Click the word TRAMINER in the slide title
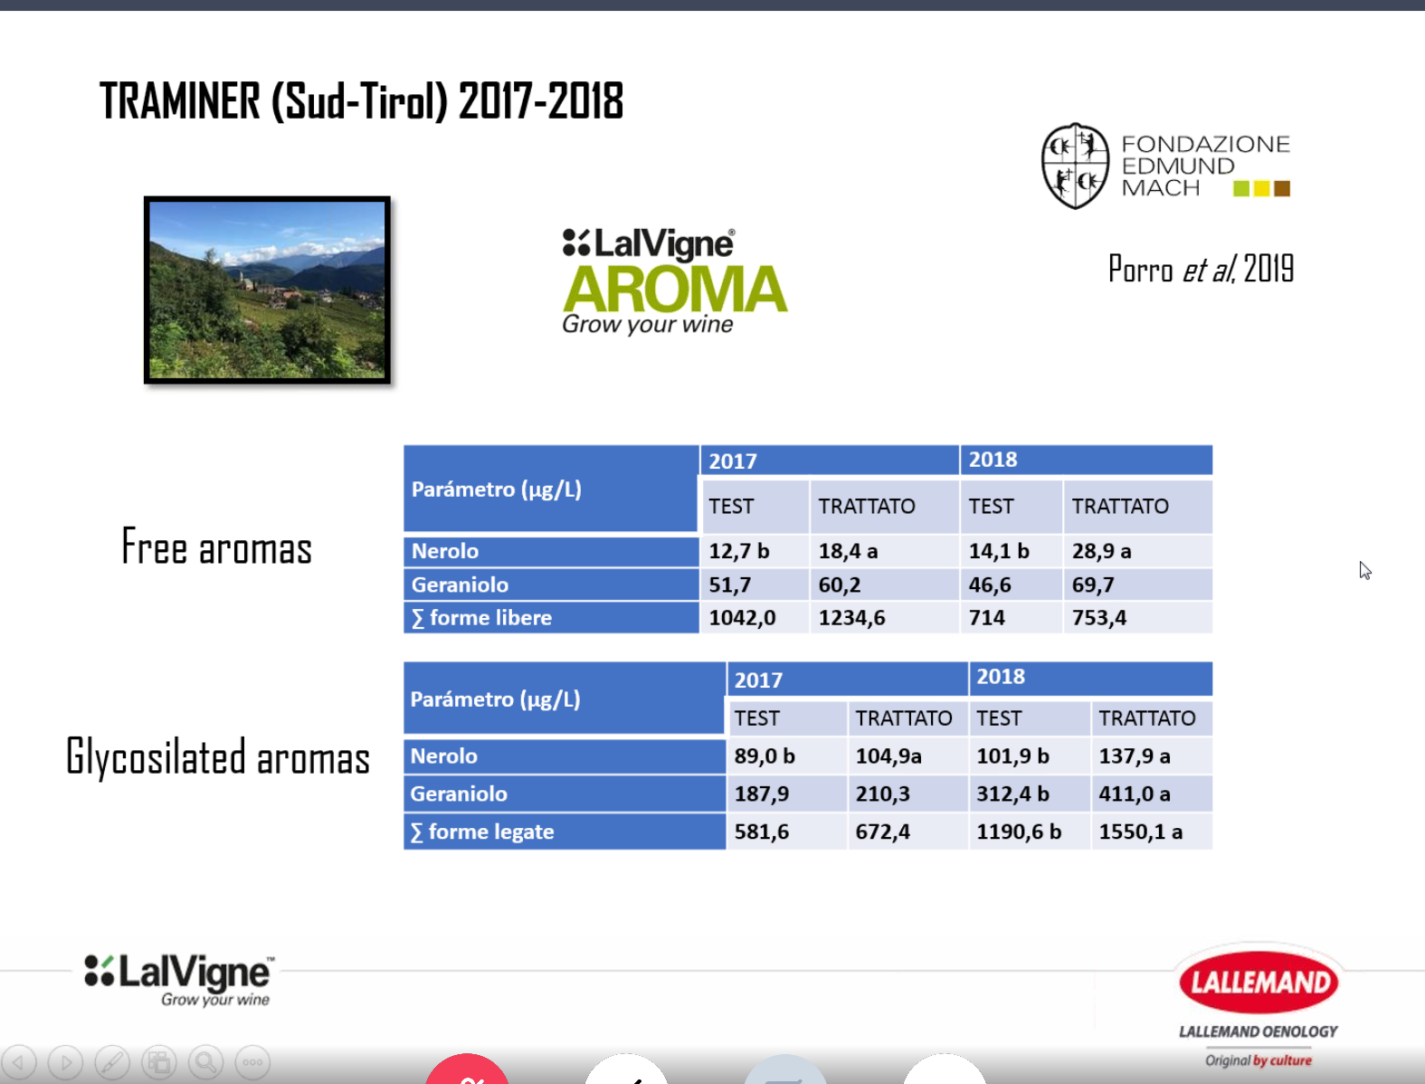pyautogui.click(x=180, y=101)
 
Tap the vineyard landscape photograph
pyautogui.click(x=267, y=290)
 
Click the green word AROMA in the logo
pyautogui.click(x=675, y=290)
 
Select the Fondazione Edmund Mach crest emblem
pyautogui.click(x=1075, y=166)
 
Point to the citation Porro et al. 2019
pyautogui.click(x=1201, y=269)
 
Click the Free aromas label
pyautogui.click(x=216, y=547)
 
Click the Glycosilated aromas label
pyautogui.click(x=218, y=756)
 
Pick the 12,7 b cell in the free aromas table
pyautogui.click(x=739, y=551)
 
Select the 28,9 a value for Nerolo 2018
pyautogui.click(x=1102, y=551)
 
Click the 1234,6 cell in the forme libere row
pyautogui.click(x=851, y=617)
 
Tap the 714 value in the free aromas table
pyautogui.click(x=987, y=617)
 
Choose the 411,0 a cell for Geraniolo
pyautogui.click(x=1135, y=794)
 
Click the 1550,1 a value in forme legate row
pyautogui.click(x=1141, y=832)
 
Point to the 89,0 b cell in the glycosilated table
pyautogui.click(x=765, y=756)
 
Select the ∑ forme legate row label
pyautogui.click(x=482, y=832)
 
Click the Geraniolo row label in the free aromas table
pyautogui.click(x=460, y=585)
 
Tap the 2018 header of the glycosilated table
pyautogui.click(x=1001, y=676)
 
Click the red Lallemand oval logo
pyautogui.click(x=1259, y=982)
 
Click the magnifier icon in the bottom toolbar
pyautogui.click(x=205, y=1062)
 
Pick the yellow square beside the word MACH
pyautogui.click(x=1261, y=189)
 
